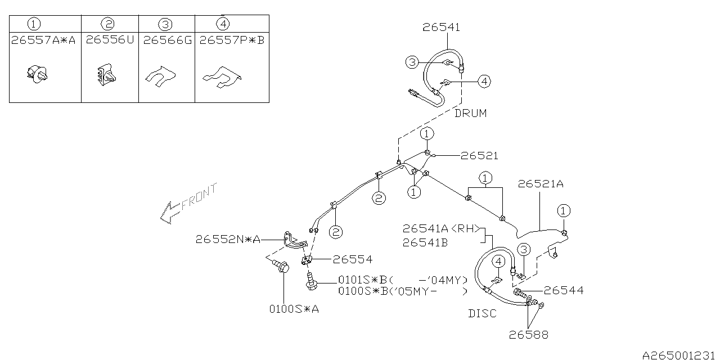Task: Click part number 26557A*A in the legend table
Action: coord(43,40)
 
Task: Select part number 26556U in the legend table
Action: coord(110,40)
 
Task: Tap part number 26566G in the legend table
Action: coord(167,40)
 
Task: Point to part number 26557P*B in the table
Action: coord(232,40)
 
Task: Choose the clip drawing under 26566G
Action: coord(160,76)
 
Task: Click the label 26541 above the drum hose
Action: coord(441,27)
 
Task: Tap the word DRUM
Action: coord(470,113)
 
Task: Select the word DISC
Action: coord(483,313)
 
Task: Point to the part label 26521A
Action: coord(541,184)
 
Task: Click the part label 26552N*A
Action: coord(228,240)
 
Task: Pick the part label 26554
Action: coord(352,259)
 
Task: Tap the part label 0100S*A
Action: coord(294,309)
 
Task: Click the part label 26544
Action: coord(564,290)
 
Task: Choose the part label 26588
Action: coord(528,335)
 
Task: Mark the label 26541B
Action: coord(425,243)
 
